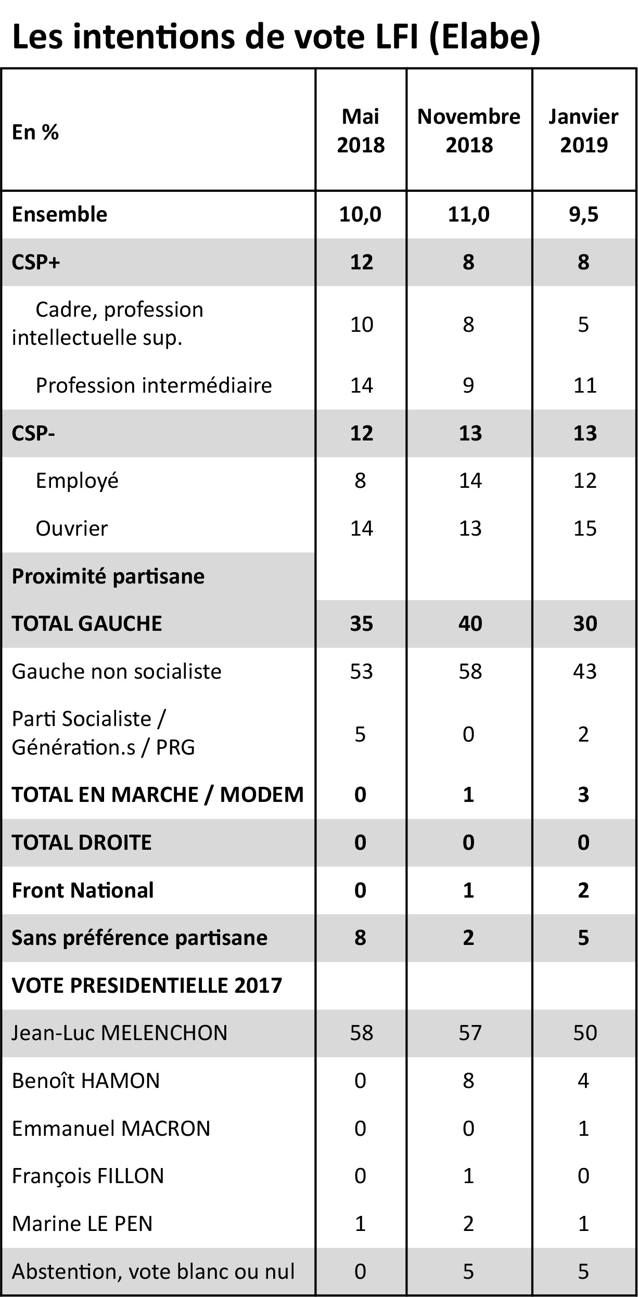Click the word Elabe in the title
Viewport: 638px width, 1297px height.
484,37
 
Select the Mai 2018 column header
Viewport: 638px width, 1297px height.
361,131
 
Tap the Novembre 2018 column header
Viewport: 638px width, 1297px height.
468,131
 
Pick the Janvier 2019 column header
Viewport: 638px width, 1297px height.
583,131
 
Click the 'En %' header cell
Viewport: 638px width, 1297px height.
35,132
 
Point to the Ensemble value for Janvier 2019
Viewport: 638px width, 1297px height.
583,214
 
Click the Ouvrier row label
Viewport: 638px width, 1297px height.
72,528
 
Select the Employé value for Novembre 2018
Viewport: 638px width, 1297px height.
470,481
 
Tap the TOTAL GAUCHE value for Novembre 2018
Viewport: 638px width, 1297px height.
470,624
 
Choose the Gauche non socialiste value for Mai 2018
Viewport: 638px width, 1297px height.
361,671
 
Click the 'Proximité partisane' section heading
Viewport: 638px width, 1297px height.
108,576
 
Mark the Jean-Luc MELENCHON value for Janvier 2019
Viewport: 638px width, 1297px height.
584,1033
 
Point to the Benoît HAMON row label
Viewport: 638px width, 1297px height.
86,1081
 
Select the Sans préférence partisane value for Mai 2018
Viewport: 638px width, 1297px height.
360,938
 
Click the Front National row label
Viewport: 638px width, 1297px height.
83,890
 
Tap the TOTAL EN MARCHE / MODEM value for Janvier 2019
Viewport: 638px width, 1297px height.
583,795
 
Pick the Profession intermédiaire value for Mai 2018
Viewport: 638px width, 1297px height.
361,385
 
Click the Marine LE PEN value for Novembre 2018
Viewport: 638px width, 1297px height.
468,1224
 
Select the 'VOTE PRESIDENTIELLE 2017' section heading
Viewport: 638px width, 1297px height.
147,985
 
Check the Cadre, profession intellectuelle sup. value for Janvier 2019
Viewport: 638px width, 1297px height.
583,324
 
